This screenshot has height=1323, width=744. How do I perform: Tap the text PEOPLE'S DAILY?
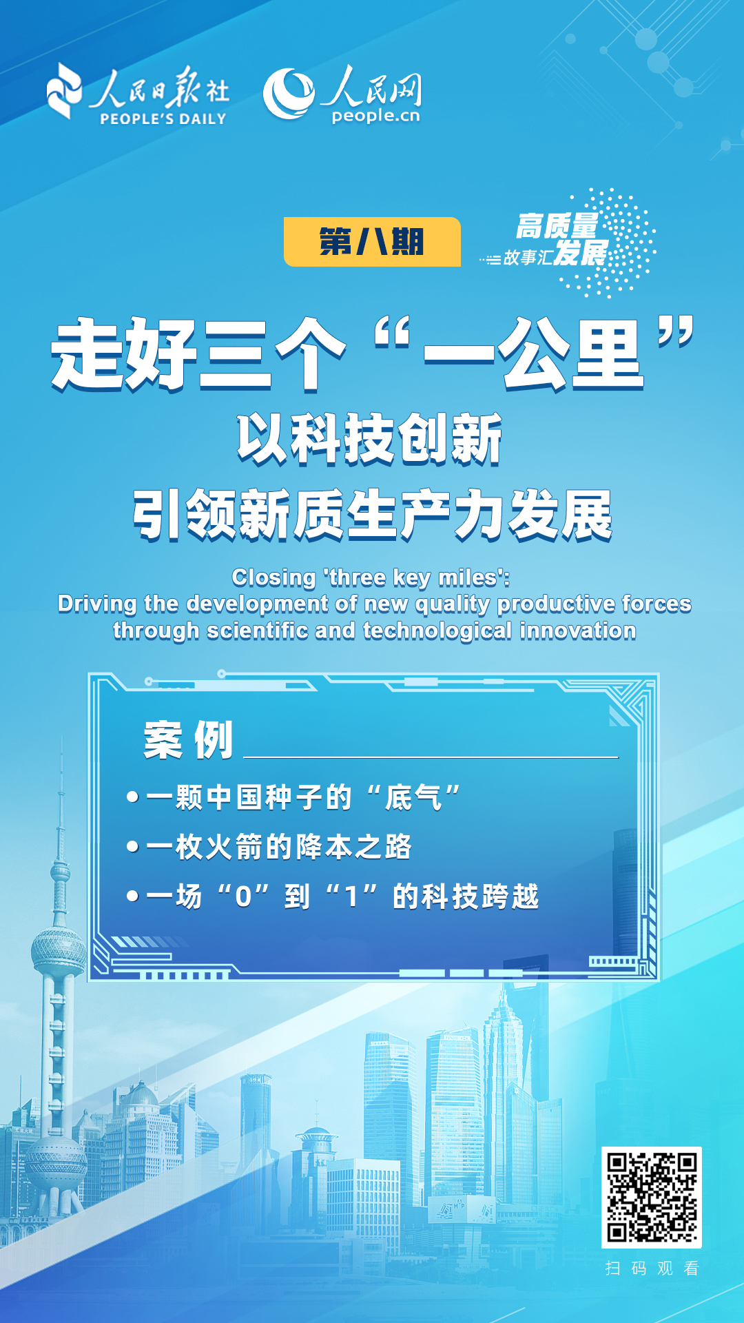(163, 119)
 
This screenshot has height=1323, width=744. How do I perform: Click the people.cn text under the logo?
(375, 116)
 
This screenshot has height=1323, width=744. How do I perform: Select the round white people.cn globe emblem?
(289, 93)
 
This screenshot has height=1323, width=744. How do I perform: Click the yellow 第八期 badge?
(372, 242)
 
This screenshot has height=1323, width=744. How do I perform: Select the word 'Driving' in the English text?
(97, 604)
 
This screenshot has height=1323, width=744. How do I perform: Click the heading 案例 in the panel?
(188, 741)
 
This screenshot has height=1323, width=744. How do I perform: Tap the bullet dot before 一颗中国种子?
(133, 797)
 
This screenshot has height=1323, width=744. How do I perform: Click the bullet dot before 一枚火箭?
(133, 846)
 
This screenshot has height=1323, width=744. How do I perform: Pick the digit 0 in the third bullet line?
(243, 897)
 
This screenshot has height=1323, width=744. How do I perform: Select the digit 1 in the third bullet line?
(351, 897)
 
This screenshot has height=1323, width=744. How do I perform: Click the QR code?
(651, 1198)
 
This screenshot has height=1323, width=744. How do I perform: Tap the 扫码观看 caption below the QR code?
(652, 1269)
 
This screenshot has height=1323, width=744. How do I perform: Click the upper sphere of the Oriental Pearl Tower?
(59, 951)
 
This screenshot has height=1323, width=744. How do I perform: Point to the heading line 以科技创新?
(370, 439)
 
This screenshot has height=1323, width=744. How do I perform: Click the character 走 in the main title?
(87, 355)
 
